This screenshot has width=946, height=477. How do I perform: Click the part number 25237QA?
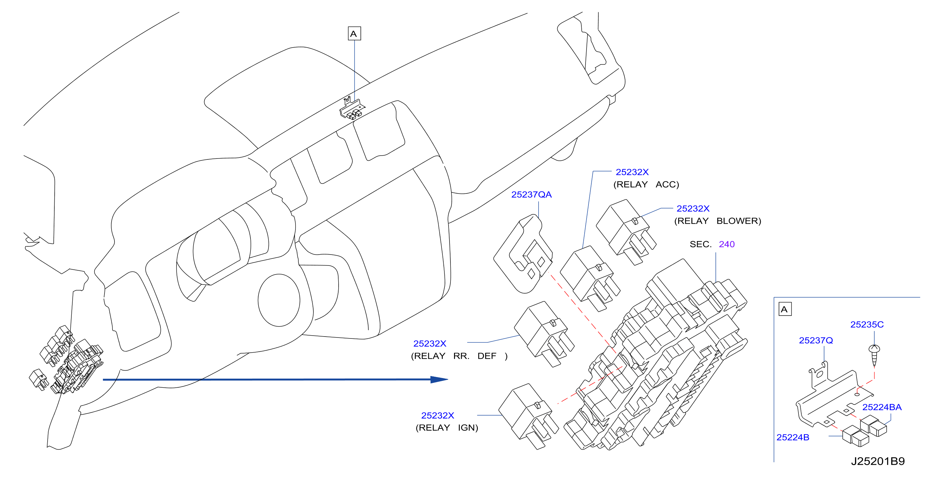point(532,194)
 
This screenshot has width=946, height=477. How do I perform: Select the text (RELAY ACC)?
point(646,184)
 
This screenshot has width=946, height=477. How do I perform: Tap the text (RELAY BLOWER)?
point(718,221)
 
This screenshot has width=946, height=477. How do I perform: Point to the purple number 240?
point(727,244)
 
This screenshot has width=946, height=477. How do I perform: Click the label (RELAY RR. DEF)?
point(459,356)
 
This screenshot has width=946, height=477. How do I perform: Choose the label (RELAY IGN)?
point(447,428)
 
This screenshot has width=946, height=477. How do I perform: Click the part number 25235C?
point(867,325)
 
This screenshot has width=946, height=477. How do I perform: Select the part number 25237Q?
point(816,340)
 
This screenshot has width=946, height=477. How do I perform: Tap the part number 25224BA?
point(882,407)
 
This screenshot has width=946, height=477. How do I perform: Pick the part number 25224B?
point(793,437)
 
